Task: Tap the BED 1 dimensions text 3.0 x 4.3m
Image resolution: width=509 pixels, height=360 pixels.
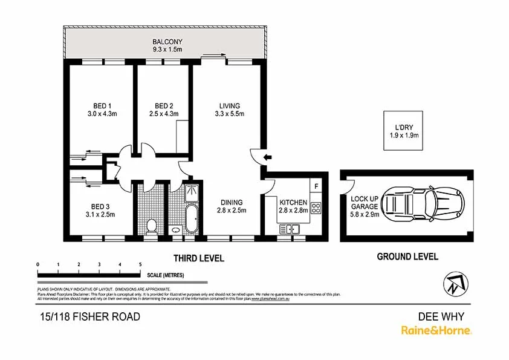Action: [101, 113]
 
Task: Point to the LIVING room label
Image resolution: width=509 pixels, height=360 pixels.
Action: [229, 105]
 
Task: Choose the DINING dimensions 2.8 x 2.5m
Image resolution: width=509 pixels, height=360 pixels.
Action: [231, 211]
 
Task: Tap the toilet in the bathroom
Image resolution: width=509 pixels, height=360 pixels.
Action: [152, 226]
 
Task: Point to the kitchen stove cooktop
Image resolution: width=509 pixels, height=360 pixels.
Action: [315, 208]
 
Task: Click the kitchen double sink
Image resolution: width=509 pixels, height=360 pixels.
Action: [289, 229]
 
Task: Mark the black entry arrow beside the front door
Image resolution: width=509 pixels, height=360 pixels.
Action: [268, 158]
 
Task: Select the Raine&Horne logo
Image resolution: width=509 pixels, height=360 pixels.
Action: [436, 330]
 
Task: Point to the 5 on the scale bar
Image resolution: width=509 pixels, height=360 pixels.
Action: [140, 264]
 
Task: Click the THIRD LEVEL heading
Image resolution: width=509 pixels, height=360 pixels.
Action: [199, 258]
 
